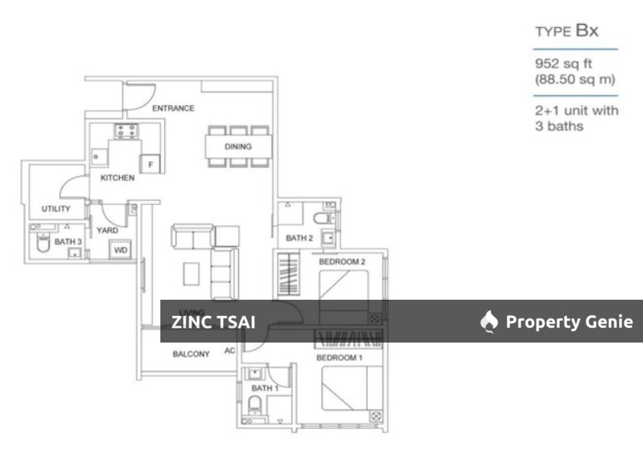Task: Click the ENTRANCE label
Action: click(x=173, y=108)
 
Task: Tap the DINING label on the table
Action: click(x=238, y=146)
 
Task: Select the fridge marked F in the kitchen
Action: click(x=149, y=163)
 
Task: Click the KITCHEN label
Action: click(x=118, y=178)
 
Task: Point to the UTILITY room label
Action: click(x=56, y=209)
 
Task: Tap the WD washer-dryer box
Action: click(x=120, y=251)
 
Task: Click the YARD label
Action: click(x=107, y=230)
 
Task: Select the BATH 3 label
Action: click(x=69, y=243)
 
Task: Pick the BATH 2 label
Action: click(x=299, y=238)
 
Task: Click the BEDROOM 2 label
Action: click(x=342, y=262)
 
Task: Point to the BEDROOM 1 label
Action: click(x=339, y=357)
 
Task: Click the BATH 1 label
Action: click(x=265, y=388)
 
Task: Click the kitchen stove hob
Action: click(x=126, y=131)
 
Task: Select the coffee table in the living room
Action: click(x=191, y=272)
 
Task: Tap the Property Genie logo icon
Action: click(x=488, y=322)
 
